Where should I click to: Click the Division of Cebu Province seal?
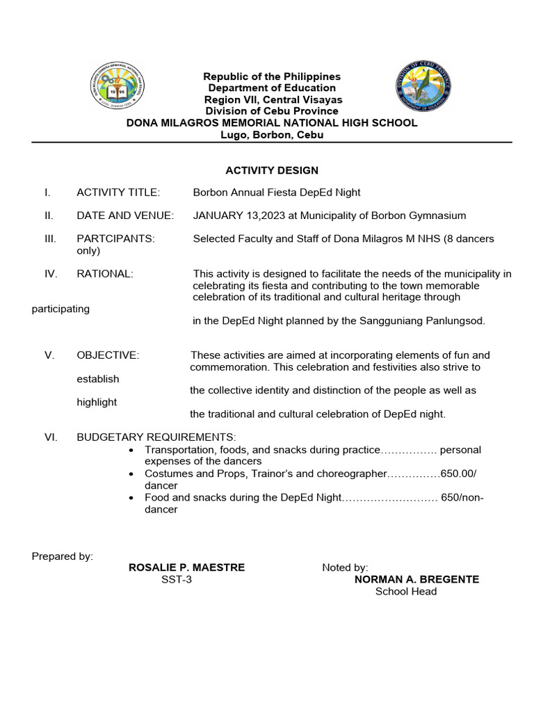click(424, 86)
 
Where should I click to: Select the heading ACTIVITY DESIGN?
click(272, 170)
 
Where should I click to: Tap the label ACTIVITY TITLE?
click(118, 192)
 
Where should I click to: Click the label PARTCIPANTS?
click(115, 238)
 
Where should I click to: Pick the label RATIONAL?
click(104, 273)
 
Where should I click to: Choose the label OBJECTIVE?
click(108, 355)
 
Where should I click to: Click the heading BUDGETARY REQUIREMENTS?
click(156, 437)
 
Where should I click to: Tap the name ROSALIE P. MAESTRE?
click(186, 567)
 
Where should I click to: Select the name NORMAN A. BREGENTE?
click(416, 579)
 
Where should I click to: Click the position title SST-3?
click(177, 579)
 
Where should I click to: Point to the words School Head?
click(406, 591)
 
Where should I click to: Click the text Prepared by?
click(63, 556)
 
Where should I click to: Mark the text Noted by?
click(345, 567)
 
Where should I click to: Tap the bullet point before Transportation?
click(132, 451)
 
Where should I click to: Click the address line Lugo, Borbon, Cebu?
click(272, 135)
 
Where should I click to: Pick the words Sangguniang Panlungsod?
click(425, 321)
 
